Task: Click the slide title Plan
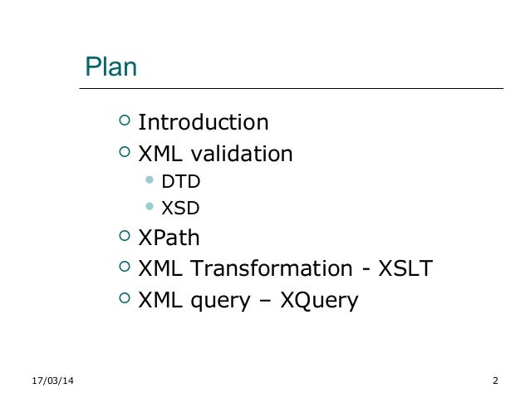111,66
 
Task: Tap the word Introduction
203,123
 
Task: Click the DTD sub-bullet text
180,181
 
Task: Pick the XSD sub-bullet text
179,208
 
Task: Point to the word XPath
169,238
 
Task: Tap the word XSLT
405,269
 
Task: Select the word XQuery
319,300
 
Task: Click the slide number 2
495,381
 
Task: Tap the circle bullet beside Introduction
125,121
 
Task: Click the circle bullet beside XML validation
125,152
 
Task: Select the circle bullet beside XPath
125,237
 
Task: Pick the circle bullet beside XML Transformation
125,268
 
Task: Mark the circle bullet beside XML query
125,298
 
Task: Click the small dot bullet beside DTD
150,179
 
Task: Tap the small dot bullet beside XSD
150,206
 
